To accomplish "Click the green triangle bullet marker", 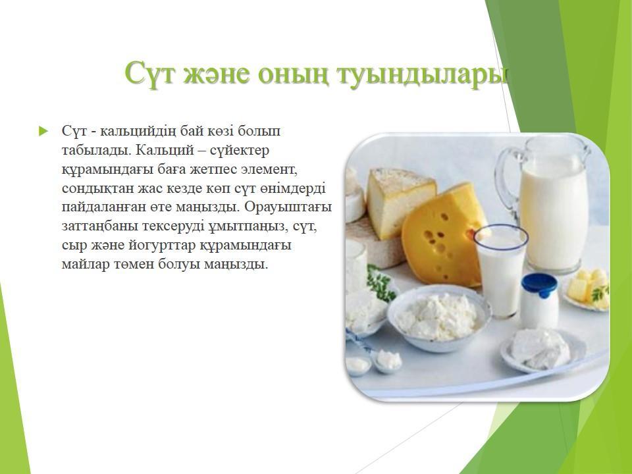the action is [43, 131].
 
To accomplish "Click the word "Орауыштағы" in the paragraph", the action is [288, 207].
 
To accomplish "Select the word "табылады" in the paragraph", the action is [96, 151].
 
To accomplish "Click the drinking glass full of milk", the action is [500, 271].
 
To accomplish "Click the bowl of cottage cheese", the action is [439, 317].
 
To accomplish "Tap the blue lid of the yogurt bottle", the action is [539, 285].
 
